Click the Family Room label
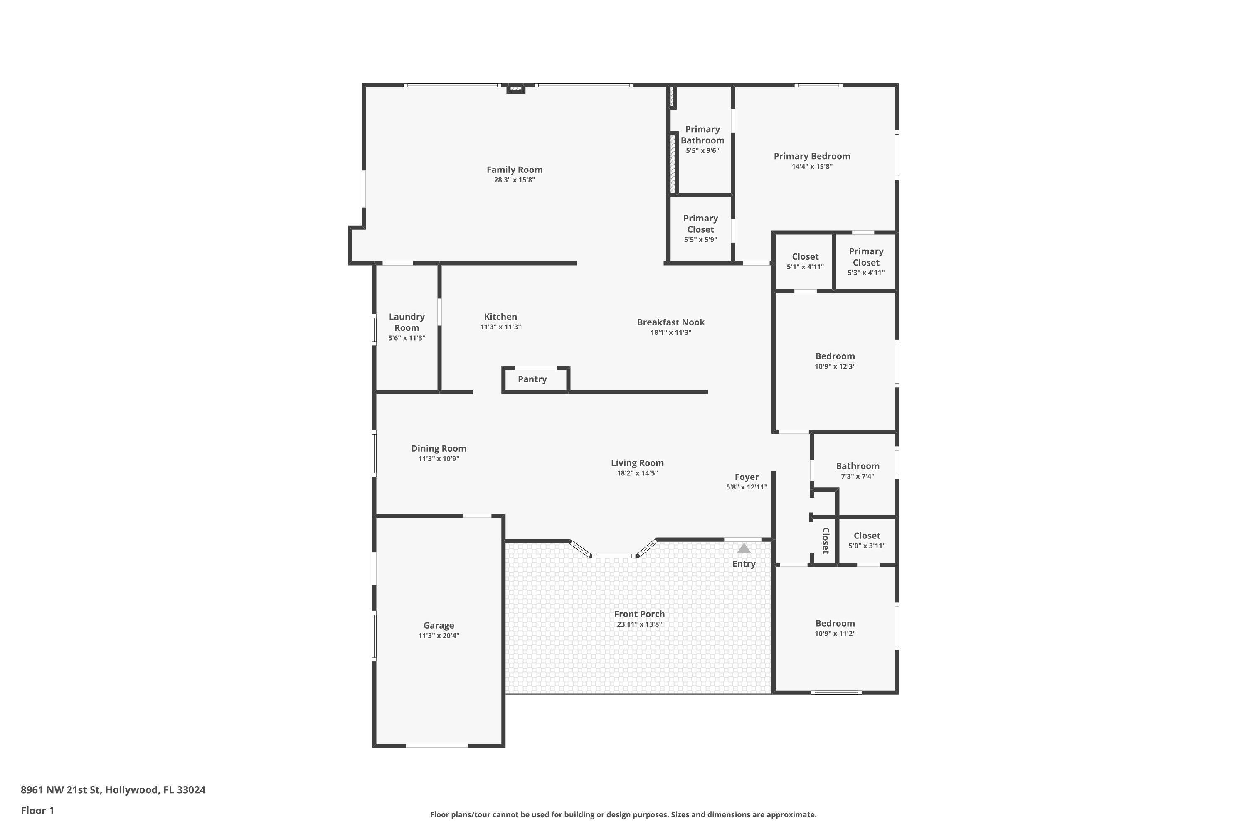(x=514, y=170)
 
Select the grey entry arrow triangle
(x=744, y=548)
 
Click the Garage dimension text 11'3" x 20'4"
(x=439, y=635)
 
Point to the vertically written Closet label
(x=825, y=541)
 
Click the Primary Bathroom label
(x=702, y=135)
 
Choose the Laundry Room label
(x=407, y=322)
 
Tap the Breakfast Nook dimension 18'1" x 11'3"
(x=671, y=332)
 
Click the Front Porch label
(x=639, y=614)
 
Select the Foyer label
(x=747, y=477)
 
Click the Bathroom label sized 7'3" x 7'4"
(x=857, y=466)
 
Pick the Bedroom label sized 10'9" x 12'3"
(x=835, y=356)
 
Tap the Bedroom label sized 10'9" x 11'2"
(x=835, y=623)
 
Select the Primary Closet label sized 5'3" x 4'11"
(x=866, y=256)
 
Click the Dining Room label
(x=439, y=448)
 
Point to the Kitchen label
(x=500, y=316)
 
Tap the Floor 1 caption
(x=37, y=810)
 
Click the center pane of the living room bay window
(x=614, y=556)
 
